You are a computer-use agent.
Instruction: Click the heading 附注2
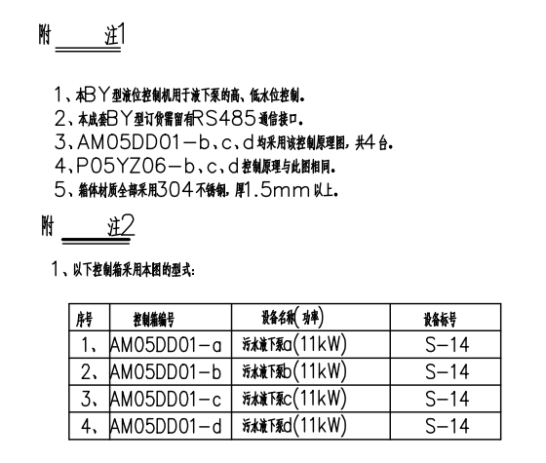[x=88, y=226]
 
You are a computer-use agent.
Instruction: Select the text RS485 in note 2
[x=224, y=119]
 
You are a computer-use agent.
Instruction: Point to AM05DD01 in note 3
[x=129, y=142]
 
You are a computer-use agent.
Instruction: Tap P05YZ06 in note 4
[x=121, y=166]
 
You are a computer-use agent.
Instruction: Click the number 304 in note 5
[x=175, y=190]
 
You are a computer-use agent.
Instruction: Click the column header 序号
[x=85, y=319]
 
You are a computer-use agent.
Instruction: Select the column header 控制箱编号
[x=154, y=320]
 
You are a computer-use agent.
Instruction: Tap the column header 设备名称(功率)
[x=292, y=317]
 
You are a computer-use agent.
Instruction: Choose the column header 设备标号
[x=440, y=319]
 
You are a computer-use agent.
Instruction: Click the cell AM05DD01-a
[x=166, y=345]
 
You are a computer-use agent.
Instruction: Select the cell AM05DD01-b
[x=166, y=371]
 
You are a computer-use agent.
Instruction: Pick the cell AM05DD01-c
[x=166, y=399]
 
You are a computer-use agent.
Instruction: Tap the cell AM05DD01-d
[x=166, y=426]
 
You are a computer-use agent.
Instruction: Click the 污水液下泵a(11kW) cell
[x=294, y=344]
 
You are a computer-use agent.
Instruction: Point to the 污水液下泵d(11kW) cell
[x=294, y=425]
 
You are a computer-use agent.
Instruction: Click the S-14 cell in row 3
[x=448, y=399]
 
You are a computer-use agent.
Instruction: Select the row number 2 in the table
[x=89, y=372]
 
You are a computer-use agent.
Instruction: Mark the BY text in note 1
[x=97, y=95]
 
